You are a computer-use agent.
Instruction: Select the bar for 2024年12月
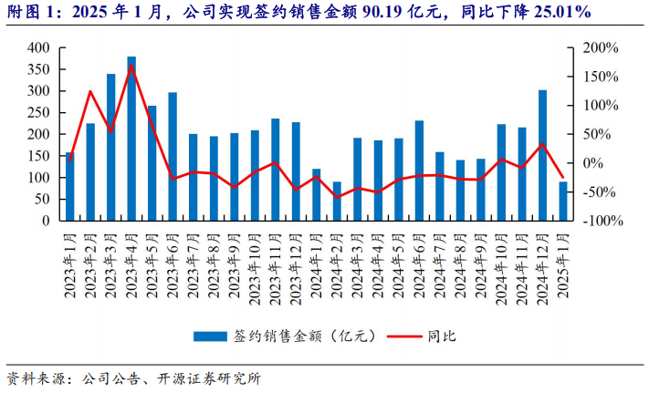(542, 155)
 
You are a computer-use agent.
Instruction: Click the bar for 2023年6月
(173, 156)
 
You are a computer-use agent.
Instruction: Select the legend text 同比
(441, 336)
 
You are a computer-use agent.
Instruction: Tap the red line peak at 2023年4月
(131, 66)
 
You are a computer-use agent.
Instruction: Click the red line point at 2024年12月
(542, 144)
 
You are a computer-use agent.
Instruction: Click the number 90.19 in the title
(386, 13)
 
